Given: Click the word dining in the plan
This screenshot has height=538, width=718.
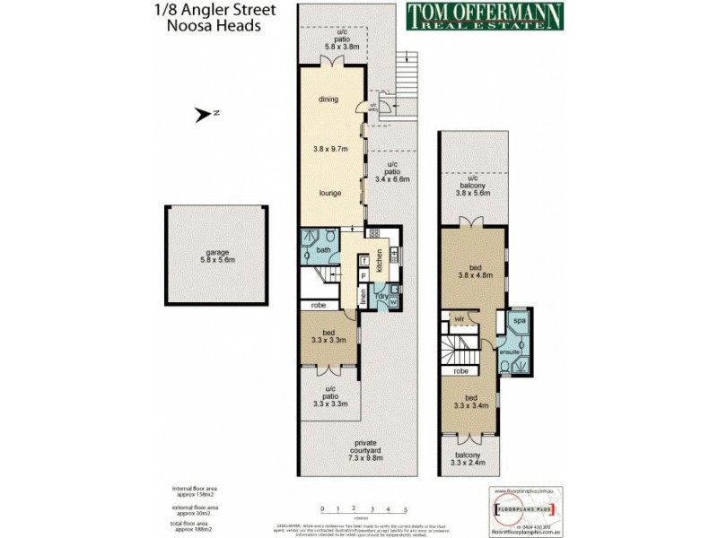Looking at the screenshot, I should (328, 100).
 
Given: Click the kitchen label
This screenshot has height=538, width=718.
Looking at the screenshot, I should (379, 261).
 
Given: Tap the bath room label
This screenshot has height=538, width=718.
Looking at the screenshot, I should (323, 250).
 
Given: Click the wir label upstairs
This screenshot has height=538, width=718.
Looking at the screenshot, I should (458, 317).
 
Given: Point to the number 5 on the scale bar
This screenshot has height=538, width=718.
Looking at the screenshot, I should (405, 508).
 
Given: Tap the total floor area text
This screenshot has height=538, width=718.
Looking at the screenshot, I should (195, 526).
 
